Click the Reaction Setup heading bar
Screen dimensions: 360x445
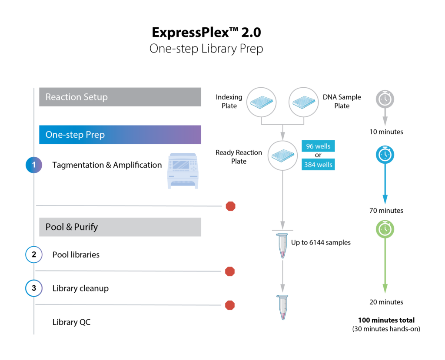point(120,97)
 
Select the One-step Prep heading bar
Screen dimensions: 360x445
point(120,135)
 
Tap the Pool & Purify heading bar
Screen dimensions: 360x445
point(120,227)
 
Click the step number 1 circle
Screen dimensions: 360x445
point(34,165)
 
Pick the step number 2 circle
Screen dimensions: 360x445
point(34,254)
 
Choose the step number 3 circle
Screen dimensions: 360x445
point(34,288)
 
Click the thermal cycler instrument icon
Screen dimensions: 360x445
point(183,171)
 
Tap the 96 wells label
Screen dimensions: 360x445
point(318,146)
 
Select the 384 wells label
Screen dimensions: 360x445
point(318,165)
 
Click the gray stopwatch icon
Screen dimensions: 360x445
point(385,99)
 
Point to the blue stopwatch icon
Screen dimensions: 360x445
point(385,155)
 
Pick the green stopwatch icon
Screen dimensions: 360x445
point(385,229)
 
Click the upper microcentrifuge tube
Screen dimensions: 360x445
point(282,246)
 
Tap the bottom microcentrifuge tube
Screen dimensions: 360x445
point(282,307)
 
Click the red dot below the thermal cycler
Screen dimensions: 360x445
point(231,206)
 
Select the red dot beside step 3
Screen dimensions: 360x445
point(230,305)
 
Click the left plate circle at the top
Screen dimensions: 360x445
point(262,102)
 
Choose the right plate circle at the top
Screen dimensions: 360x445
point(304,102)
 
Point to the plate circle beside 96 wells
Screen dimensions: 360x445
point(282,155)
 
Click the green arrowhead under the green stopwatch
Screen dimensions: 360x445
point(385,289)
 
